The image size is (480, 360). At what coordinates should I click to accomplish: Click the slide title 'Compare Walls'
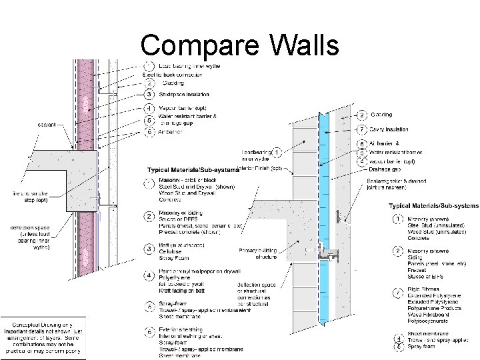[x=240, y=45]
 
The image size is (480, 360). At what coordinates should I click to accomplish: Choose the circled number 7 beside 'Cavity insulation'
[x=362, y=129]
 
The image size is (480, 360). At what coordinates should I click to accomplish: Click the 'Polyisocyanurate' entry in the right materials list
[x=431, y=320]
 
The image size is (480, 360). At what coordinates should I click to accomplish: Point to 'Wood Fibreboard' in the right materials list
[x=431, y=313]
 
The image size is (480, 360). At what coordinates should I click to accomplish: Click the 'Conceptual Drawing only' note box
[x=42, y=337]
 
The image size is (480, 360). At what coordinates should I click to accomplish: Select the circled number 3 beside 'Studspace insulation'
[x=150, y=94]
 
